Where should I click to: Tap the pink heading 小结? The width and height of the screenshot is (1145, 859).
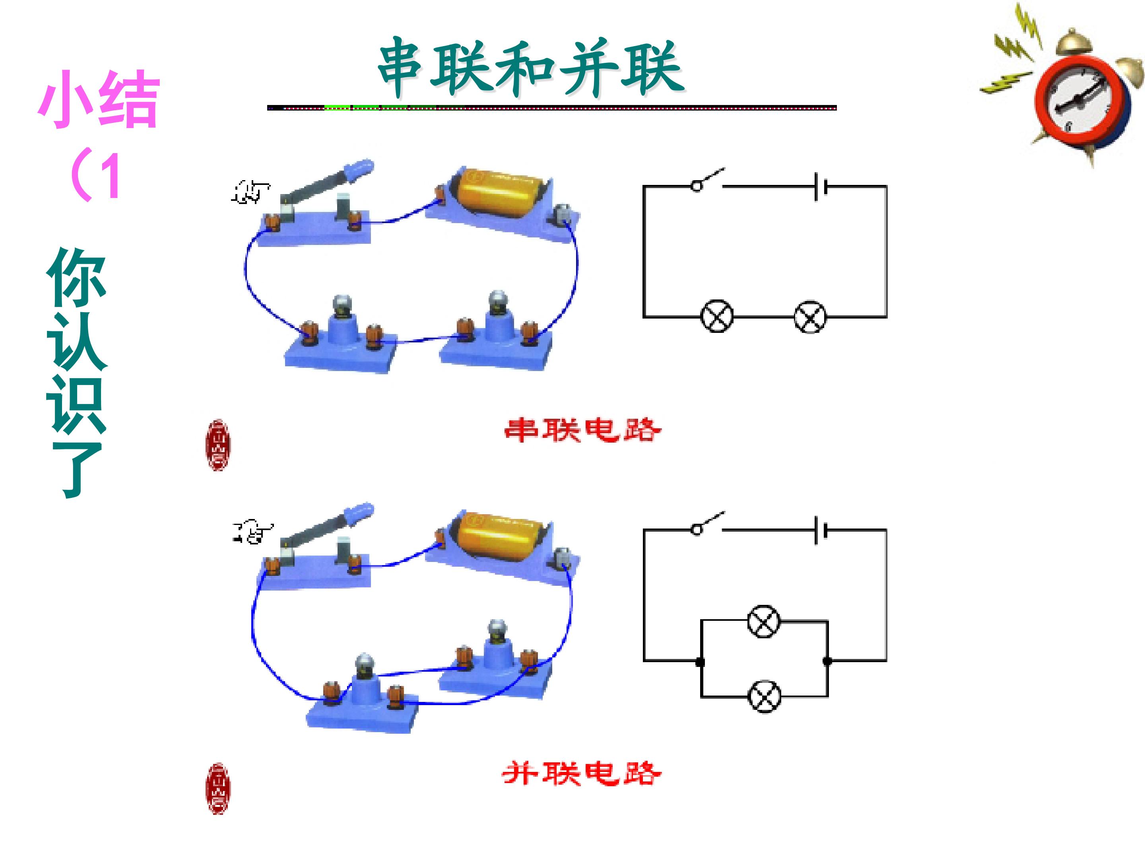(98, 99)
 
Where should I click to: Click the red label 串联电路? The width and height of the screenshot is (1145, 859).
(582, 430)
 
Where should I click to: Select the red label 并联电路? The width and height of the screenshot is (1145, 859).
(581, 773)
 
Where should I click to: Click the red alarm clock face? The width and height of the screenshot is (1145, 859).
(1081, 103)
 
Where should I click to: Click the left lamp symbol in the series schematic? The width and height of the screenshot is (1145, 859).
(717, 317)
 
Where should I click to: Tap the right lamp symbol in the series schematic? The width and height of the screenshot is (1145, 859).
(810, 317)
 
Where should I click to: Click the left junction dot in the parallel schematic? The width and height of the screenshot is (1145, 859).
(701, 662)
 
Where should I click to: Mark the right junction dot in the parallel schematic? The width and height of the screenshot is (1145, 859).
(827, 661)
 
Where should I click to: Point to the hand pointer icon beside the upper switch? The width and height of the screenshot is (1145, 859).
(250, 192)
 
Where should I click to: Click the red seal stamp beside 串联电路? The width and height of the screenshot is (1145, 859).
(218, 445)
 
